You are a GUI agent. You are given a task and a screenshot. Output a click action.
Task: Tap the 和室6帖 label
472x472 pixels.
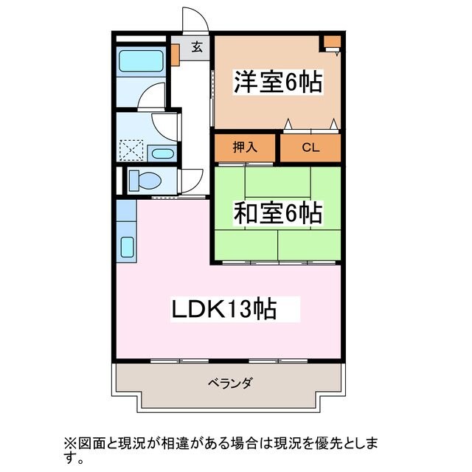point(278,214)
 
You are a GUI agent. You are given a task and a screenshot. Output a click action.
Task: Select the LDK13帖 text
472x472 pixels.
point(224,309)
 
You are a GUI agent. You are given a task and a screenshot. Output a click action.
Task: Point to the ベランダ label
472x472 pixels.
point(229,383)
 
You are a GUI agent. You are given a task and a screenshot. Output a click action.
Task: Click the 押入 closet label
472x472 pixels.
point(246,147)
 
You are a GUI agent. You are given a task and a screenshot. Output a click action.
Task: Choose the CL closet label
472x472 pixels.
point(310,147)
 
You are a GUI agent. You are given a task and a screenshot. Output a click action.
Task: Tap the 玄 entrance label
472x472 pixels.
point(197,48)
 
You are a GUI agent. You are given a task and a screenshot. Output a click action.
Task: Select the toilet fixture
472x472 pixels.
point(143,180)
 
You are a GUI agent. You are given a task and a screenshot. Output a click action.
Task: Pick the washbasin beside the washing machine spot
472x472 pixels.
point(162,153)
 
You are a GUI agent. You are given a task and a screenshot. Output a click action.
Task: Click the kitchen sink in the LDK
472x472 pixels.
point(125,248)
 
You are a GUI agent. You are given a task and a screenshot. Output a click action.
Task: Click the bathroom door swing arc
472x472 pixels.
point(154,97)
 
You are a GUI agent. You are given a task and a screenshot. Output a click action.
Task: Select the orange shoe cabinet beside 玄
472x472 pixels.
point(176,55)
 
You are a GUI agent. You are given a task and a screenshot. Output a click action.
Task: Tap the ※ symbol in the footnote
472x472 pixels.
point(70,443)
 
